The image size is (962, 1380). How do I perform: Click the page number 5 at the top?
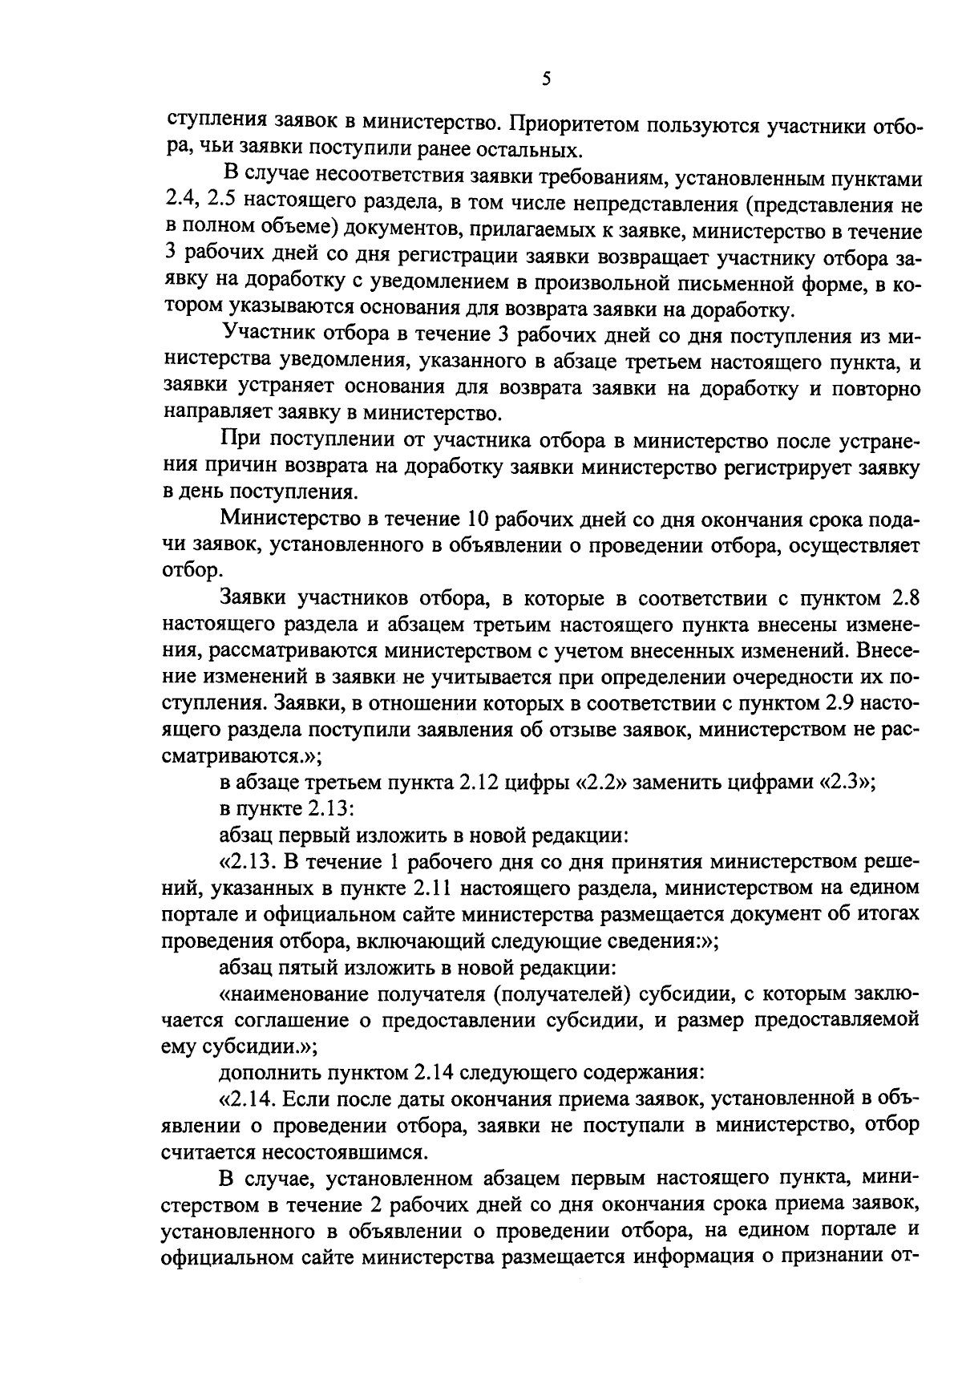point(546,78)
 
